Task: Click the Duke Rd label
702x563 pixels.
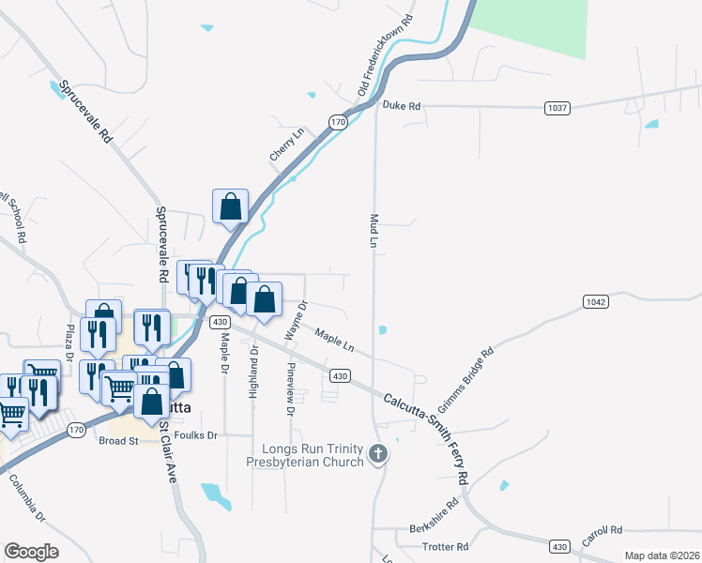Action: click(402, 107)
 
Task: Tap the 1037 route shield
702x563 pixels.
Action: click(557, 108)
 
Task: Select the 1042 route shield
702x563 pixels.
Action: click(595, 301)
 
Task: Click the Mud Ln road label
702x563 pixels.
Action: click(373, 230)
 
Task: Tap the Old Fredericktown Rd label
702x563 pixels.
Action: click(386, 54)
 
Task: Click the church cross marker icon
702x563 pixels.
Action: click(378, 454)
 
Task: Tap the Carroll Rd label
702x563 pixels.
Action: click(602, 537)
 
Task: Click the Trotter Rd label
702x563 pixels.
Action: click(447, 546)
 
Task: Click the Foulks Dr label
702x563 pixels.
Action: click(198, 435)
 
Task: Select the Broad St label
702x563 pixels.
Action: click(118, 440)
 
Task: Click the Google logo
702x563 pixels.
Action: click(31, 552)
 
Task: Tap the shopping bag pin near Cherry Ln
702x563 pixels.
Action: click(230, 206)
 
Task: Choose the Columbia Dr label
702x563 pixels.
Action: click(27, 498)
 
